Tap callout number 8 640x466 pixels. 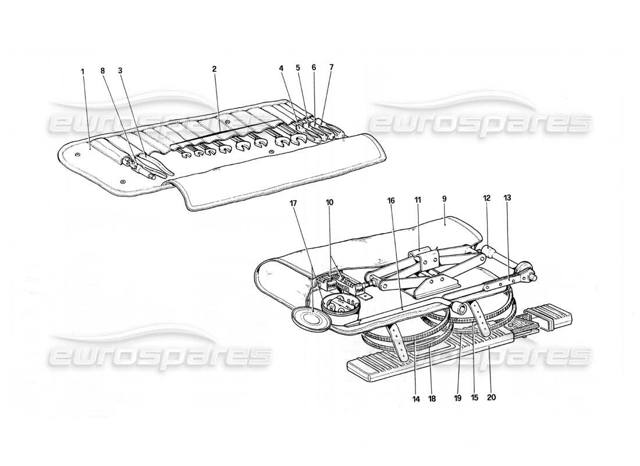tap(104, 71)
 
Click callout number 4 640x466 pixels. tap(281, 68)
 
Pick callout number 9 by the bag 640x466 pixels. tap(444, 199)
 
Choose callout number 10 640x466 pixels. tap(329, 202)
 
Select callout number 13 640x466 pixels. tap(507, 198)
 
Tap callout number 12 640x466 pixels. tap(486, 198)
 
